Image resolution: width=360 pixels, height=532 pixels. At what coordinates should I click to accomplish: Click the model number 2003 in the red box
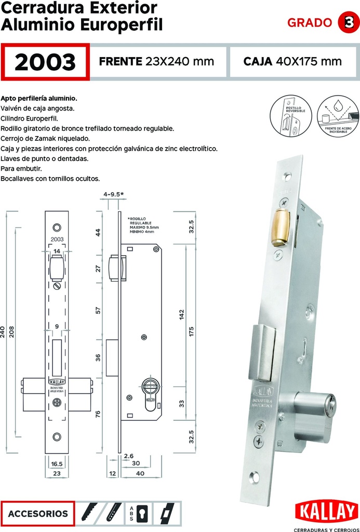[45, 62]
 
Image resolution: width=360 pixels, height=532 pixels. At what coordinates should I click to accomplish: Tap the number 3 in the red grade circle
[346, 22]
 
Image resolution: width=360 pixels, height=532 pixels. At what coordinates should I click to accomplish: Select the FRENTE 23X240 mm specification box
[156, 62]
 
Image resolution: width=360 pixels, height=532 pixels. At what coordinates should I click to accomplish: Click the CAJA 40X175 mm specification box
[292, 62]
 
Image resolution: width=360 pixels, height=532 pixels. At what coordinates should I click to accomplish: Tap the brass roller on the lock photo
[281, 227]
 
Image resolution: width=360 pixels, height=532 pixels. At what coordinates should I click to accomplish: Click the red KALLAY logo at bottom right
[326, 512]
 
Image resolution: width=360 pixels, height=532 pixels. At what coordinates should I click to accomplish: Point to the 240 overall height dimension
[3, 331]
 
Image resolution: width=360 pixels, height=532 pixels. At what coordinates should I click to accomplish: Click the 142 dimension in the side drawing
[182, 315]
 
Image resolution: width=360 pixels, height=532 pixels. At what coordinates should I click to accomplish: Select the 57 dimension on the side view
[98, 311]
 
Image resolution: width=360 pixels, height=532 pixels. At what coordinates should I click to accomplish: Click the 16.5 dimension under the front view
[57, 464]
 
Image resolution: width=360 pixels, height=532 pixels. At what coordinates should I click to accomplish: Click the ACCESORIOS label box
[38, 514]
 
